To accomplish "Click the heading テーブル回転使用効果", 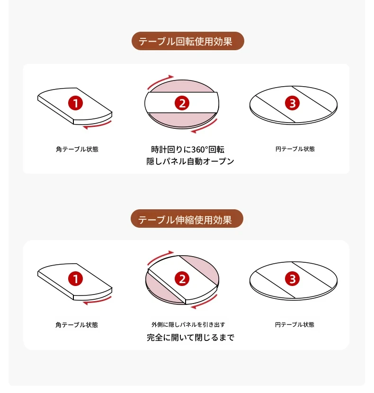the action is coord(186,41).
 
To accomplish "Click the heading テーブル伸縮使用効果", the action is coord(185,220).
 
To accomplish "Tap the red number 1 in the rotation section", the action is coord(75,103).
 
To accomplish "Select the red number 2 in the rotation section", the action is coord(182,103).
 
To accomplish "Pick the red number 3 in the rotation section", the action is coord(292,103).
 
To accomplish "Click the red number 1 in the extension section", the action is coord(75,279).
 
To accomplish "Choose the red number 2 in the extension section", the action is coord(182,279).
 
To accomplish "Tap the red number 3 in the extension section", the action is coord(292,279).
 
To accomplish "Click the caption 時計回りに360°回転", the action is coord(188,150).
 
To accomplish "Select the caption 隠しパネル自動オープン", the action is coord(190,161).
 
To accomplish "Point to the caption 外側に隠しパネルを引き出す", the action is coord(188,325).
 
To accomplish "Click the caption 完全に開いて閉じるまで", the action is coord(190,338).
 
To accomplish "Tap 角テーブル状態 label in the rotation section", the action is coord(77,149).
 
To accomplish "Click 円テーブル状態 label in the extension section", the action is coord(294,325).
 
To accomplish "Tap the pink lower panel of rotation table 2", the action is coord(182,121).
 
